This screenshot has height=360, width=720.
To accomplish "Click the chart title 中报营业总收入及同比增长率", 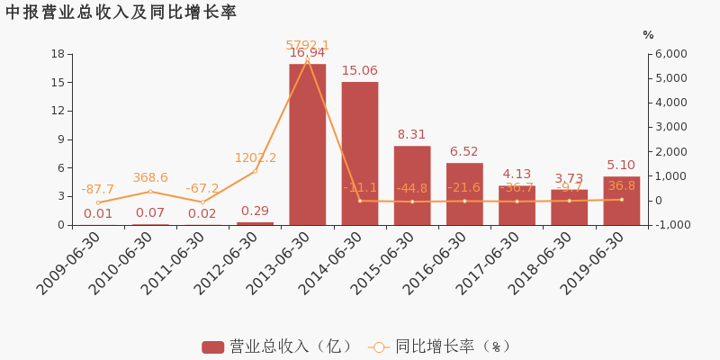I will tap(121, 13).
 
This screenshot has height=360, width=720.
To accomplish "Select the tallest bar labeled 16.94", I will tap(307, 144).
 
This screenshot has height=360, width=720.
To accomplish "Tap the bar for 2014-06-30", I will tap(359, 153).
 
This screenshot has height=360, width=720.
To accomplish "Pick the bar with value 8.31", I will tap(411, 184).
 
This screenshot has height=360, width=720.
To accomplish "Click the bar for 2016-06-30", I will tap(464, 193).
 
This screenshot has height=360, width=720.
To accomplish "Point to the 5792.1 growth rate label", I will tap(307, 45).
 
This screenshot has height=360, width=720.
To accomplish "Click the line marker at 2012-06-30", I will tap(255, 171).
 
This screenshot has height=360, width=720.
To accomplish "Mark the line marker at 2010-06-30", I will tap(150, 192).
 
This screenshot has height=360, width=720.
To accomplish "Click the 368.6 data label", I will tap(150, 178).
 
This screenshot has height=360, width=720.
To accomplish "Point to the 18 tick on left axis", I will tap(58, 54).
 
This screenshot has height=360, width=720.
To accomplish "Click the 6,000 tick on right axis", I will tap(670, 54).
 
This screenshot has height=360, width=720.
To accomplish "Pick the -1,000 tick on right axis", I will tap(670, 225).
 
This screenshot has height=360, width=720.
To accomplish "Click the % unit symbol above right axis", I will tap(648, 35).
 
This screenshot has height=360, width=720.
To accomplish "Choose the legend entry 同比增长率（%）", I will tap(440, 346).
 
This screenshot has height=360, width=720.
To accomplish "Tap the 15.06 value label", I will tap(359, 71).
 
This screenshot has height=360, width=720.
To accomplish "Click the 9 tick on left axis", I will tap(61, 139).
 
